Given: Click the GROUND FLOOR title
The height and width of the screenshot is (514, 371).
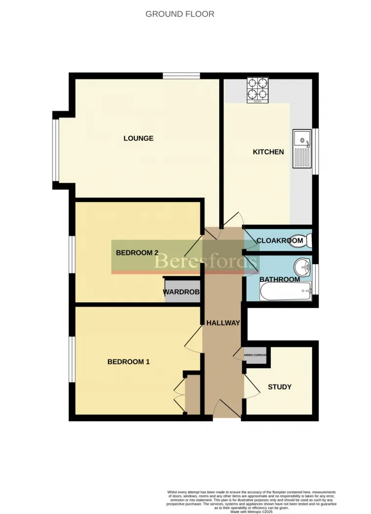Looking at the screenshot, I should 180,14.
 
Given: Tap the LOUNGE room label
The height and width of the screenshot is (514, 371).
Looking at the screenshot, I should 139,138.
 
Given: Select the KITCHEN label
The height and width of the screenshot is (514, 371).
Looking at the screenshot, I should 268,152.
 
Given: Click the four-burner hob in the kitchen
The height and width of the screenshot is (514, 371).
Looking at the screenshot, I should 258,90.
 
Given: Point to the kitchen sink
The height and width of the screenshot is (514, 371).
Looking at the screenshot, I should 302,148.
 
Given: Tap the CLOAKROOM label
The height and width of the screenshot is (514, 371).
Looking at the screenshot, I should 280,241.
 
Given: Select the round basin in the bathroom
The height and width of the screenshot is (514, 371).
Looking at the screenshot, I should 303,267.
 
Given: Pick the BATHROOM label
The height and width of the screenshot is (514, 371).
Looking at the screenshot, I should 279,280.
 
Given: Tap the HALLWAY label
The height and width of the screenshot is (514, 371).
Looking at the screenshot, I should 223,323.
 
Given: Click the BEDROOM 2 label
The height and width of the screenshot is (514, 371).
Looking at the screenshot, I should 137,253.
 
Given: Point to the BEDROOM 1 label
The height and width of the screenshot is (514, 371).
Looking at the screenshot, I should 128,362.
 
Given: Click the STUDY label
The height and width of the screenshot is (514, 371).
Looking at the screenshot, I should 280,387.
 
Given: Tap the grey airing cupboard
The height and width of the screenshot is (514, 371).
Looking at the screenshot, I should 256,356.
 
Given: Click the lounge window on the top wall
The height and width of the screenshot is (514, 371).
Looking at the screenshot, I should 181,76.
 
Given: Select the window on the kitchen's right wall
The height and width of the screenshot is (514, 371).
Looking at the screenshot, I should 315,151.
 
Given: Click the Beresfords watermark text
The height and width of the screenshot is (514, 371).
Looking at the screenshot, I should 206,261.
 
